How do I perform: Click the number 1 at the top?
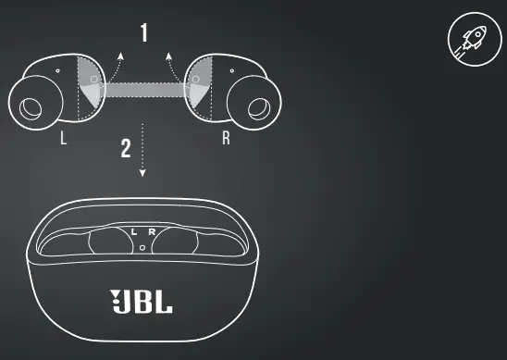(143, 33)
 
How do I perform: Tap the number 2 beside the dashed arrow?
(126, 149)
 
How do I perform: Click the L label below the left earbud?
(63, 140)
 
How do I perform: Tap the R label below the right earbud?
(225, 140)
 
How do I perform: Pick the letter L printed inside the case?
(134, 230)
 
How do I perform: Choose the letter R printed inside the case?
(152, 230)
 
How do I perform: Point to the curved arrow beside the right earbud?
(171, 68)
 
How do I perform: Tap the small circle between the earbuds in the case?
(142, 247)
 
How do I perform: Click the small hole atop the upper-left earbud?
(57, 69)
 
